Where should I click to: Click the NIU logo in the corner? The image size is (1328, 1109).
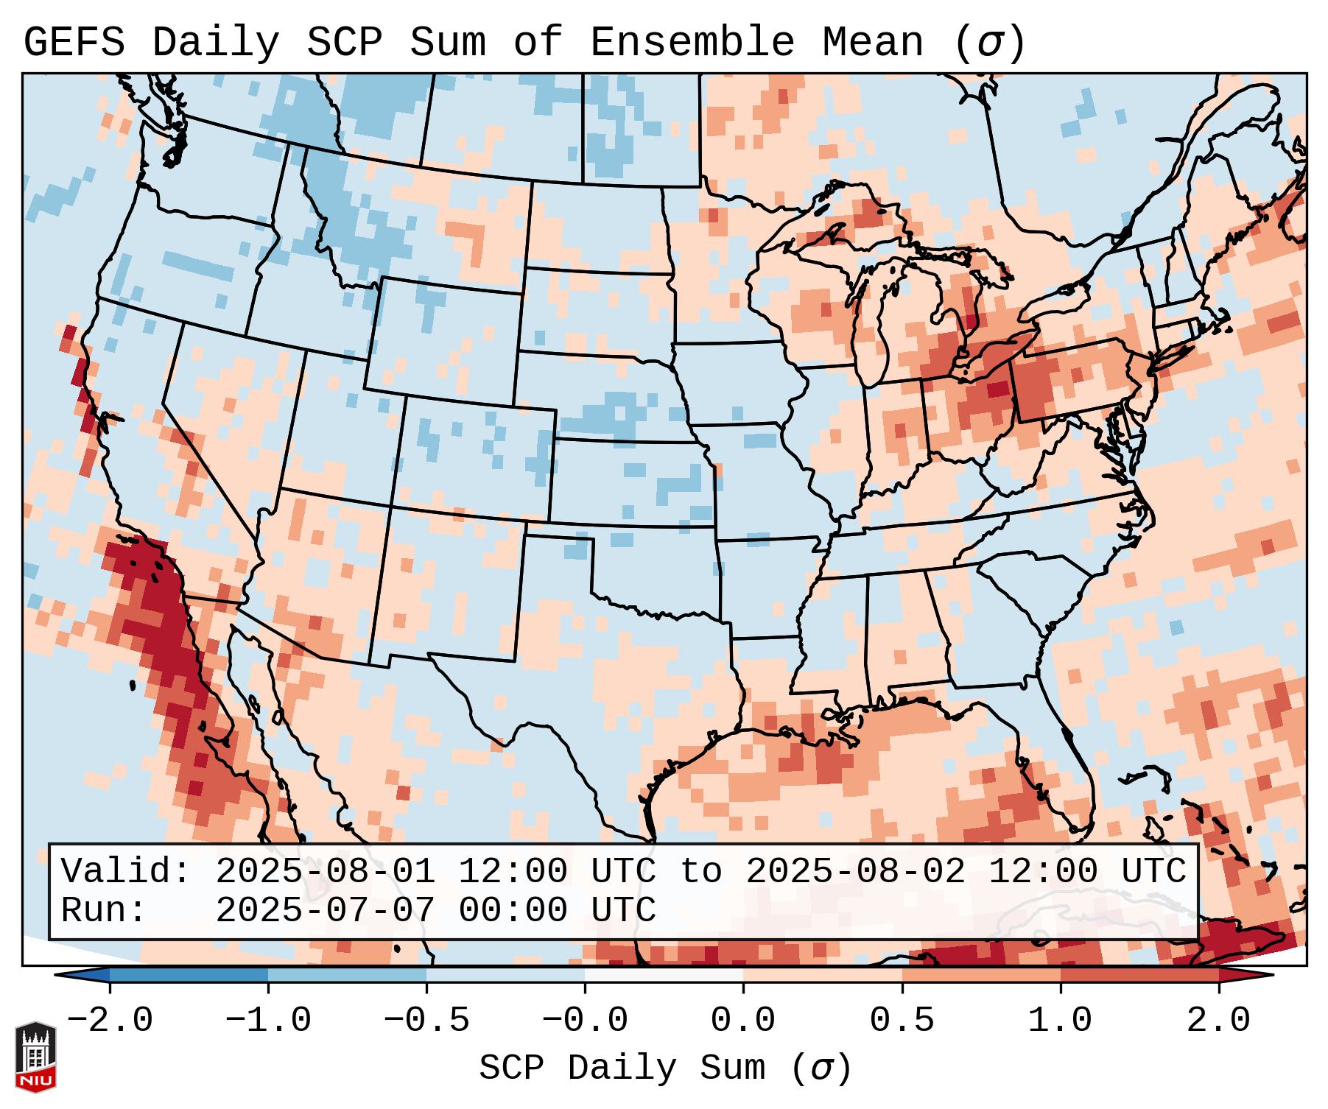[x=35, y=1057]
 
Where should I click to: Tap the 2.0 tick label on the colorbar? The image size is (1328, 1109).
[x=1218, y=1021]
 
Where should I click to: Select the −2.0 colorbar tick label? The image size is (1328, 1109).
[x=110, y=1021]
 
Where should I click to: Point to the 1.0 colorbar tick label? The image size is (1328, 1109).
[x=1060, y=1021]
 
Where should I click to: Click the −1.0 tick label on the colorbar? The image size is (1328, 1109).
[x=268, y=1021]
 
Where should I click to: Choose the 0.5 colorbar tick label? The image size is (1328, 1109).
[x=902, y=1021]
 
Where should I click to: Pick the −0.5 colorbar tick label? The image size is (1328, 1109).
[x=426, y=1021]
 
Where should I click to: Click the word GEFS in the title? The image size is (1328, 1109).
[x=74, y=43]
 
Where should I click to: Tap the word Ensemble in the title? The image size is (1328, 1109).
[x=692, y=43]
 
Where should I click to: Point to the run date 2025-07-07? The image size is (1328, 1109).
[x=325, y=910]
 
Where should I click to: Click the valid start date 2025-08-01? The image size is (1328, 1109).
[x=325, y=871]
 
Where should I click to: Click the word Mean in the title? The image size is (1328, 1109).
[x=873, y=43]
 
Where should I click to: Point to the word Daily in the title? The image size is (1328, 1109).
[x=216, y=43]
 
